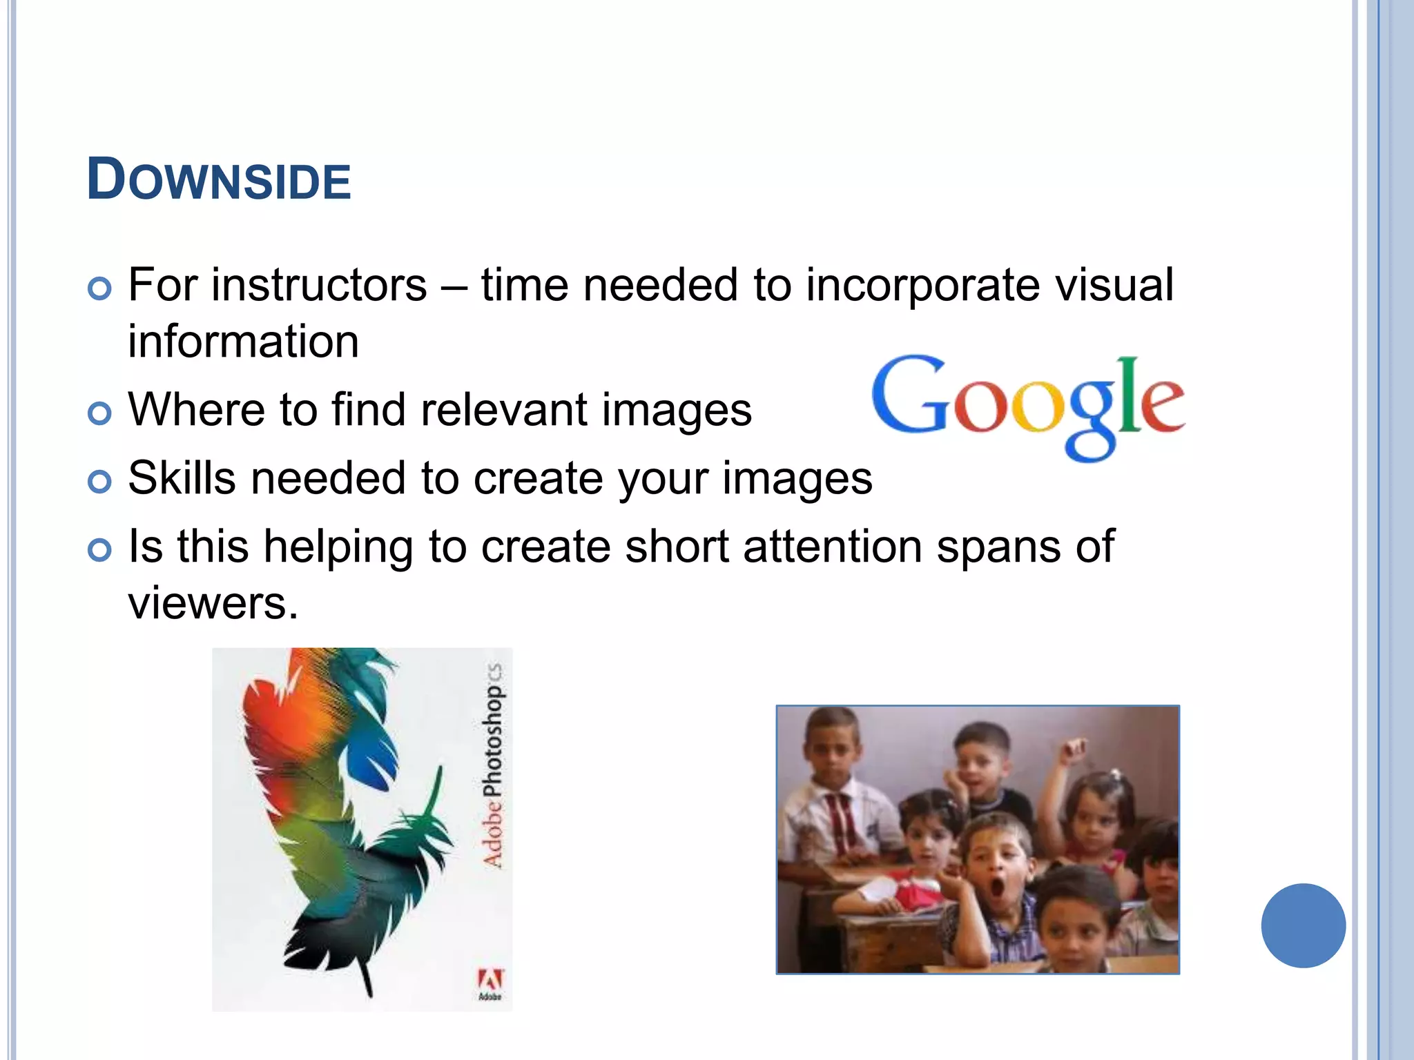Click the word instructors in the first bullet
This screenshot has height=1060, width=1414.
(x=319, y=285)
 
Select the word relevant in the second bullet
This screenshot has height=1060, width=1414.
(x=503, y=410)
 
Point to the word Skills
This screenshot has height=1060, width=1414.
(x=182, y=478)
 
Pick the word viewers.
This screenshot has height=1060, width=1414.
(x=213, y=602)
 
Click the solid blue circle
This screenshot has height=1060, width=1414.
(x=1303, y=925)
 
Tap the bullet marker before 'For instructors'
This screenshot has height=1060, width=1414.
(x=100, y=288)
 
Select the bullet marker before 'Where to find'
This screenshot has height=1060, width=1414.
(x=100, y=413)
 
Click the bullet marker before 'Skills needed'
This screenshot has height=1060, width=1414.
(x=100, y=481)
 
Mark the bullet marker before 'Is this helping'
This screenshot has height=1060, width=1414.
(x=100, y=549)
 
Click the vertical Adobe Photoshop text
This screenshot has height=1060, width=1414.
(x=492, y=766)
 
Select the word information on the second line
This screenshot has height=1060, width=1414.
(x=243, y=342)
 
